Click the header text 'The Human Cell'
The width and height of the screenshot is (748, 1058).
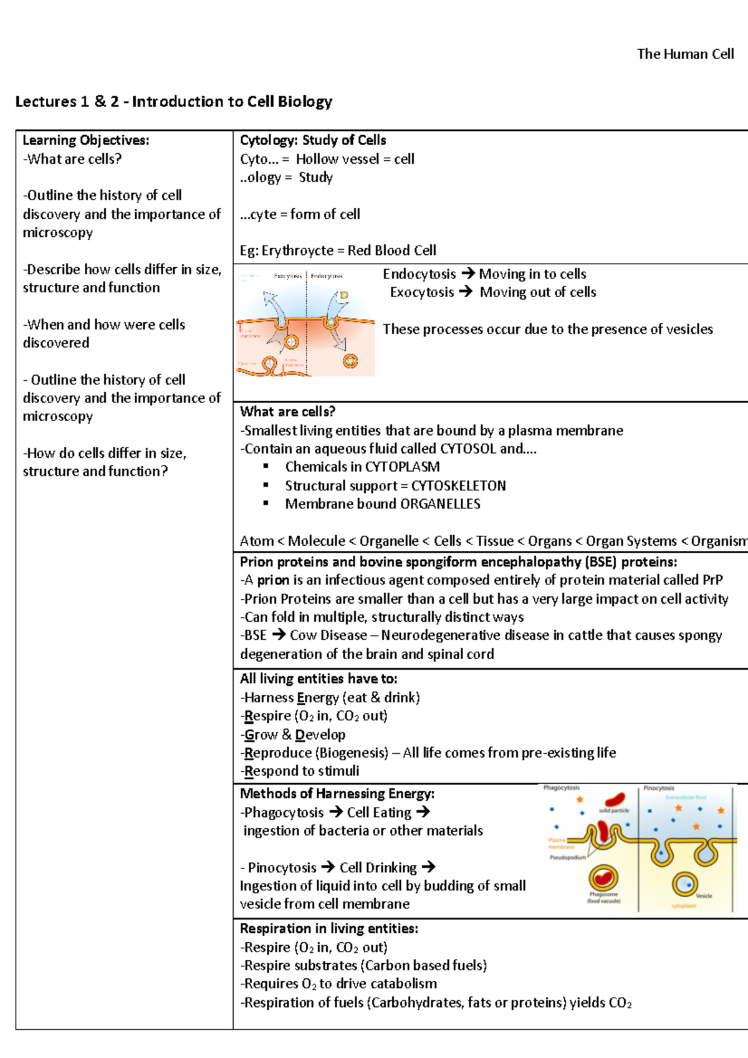click(x=685, y=54)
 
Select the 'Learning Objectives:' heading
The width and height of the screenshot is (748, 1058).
click(x=86, y=140)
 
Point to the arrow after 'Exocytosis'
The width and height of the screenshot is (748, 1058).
click(x=465, y=292)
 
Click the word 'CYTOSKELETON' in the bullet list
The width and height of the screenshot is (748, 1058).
click(x=458, y=485)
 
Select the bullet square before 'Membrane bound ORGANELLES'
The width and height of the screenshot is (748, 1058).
click(x=266, y=503)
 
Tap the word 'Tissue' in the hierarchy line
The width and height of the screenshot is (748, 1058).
click(x=495, y=541)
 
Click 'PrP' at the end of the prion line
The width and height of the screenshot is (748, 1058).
click(x=712, y=580)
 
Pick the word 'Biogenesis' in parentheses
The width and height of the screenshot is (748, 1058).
click(x=352, y=753)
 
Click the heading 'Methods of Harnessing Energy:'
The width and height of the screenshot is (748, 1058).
click(x=337, y=794)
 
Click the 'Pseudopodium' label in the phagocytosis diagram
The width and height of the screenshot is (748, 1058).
click(x=568, y=858)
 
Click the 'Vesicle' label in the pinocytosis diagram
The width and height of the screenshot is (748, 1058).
click(x=704, y=896)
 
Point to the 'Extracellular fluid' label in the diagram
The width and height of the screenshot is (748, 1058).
click(x=686, y=798)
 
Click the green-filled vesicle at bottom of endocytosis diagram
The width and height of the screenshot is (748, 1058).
click(x=350, y=360)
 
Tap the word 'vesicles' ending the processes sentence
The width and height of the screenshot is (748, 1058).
click(x=688, y=329)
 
